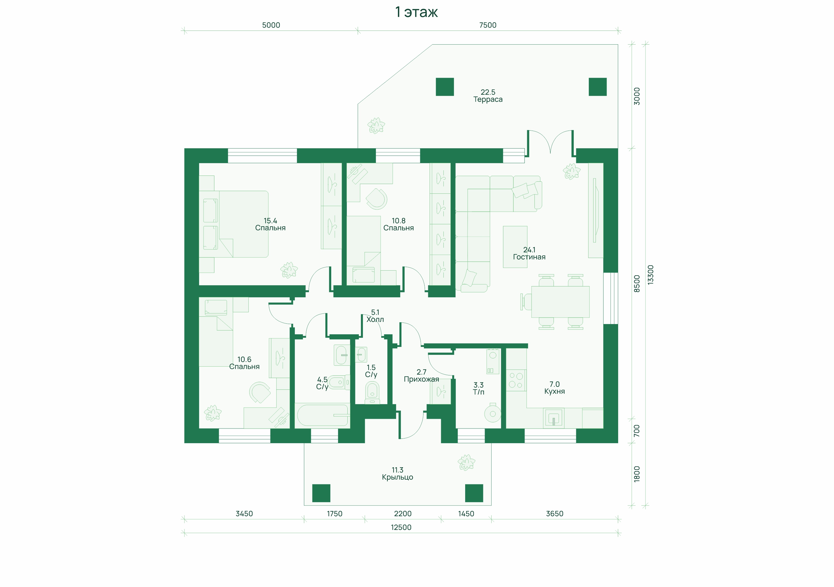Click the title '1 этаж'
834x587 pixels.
click(x=416, y=12)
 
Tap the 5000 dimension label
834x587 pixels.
click(x=271, y=25)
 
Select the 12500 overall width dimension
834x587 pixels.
click(x=401, y=527)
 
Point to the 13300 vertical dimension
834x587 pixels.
click(x=650, y=274)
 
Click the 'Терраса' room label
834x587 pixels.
click(x=488, y=99)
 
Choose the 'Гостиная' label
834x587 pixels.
click(x=529, y=257)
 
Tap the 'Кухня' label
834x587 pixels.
click(x=554, y=391)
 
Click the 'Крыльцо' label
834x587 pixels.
click(x=397, y=477)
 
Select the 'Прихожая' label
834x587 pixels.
click(x=421, y=379)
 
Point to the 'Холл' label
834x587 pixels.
click(x=375, y=319)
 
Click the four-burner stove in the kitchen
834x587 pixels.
click(x=516, y=380)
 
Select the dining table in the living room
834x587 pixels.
click(x=560, y=302)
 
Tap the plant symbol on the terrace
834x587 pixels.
click(x=376, y=126)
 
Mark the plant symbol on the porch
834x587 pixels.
click(x=466, y=463)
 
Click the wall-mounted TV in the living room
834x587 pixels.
click(x=595, y=210)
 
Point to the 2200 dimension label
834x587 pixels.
click(x=403, y=514)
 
